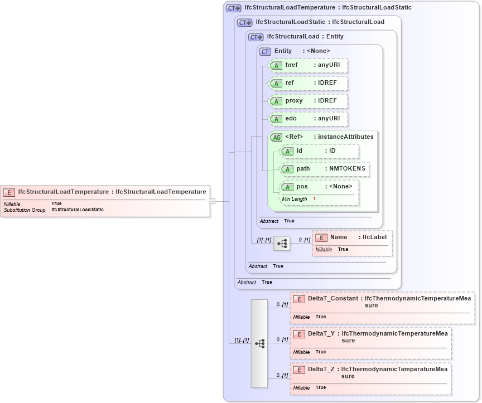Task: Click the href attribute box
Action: click(x=308, y=65)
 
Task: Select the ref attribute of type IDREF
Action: click(x=308, y=83)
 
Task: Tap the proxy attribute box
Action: click(x=308, y=101)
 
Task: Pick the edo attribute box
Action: click(x=308, y=119)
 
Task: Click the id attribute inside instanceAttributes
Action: click(x=319, y=151)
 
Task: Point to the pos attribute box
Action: click(x=319, y=187)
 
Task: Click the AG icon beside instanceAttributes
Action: click(x=276, y=137)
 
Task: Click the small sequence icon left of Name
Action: click(x=282, y=244)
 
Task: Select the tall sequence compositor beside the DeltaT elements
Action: click(x=259, y=343)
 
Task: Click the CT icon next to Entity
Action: click(x=265, y=51)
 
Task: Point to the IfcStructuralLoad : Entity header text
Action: click(x=305, y=37)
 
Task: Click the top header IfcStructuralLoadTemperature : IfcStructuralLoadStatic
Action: click(x=328, y=8)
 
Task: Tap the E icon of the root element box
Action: click(x=9, y=192)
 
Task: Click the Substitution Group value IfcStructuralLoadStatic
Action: click(x=77, y=210)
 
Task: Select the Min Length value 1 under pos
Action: click(x=314, y=199)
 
